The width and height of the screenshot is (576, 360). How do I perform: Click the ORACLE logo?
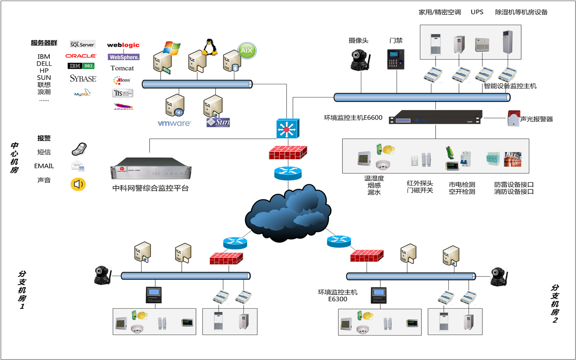81,56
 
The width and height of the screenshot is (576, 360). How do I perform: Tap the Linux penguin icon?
209,47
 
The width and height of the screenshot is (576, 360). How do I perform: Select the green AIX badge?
247,51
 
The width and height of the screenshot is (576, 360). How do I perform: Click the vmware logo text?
174,123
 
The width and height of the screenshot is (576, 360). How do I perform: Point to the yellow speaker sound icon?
78,184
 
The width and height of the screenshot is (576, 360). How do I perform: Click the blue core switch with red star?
287,129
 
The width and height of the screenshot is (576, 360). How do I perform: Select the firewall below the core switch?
288,152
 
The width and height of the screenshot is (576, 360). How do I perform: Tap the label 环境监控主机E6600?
353,118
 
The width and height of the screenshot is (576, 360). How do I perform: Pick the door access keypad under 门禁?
395,59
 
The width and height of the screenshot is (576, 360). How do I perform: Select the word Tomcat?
122,68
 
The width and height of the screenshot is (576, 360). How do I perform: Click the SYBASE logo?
83,79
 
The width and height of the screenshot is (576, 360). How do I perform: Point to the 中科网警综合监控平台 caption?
150,188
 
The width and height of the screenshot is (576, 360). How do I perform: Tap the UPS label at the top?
477,12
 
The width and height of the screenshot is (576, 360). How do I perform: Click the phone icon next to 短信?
79,149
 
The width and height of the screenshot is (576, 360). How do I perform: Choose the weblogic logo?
123,45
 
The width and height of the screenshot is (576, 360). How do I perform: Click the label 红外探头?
420,183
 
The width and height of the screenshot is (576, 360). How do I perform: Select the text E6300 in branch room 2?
337,299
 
